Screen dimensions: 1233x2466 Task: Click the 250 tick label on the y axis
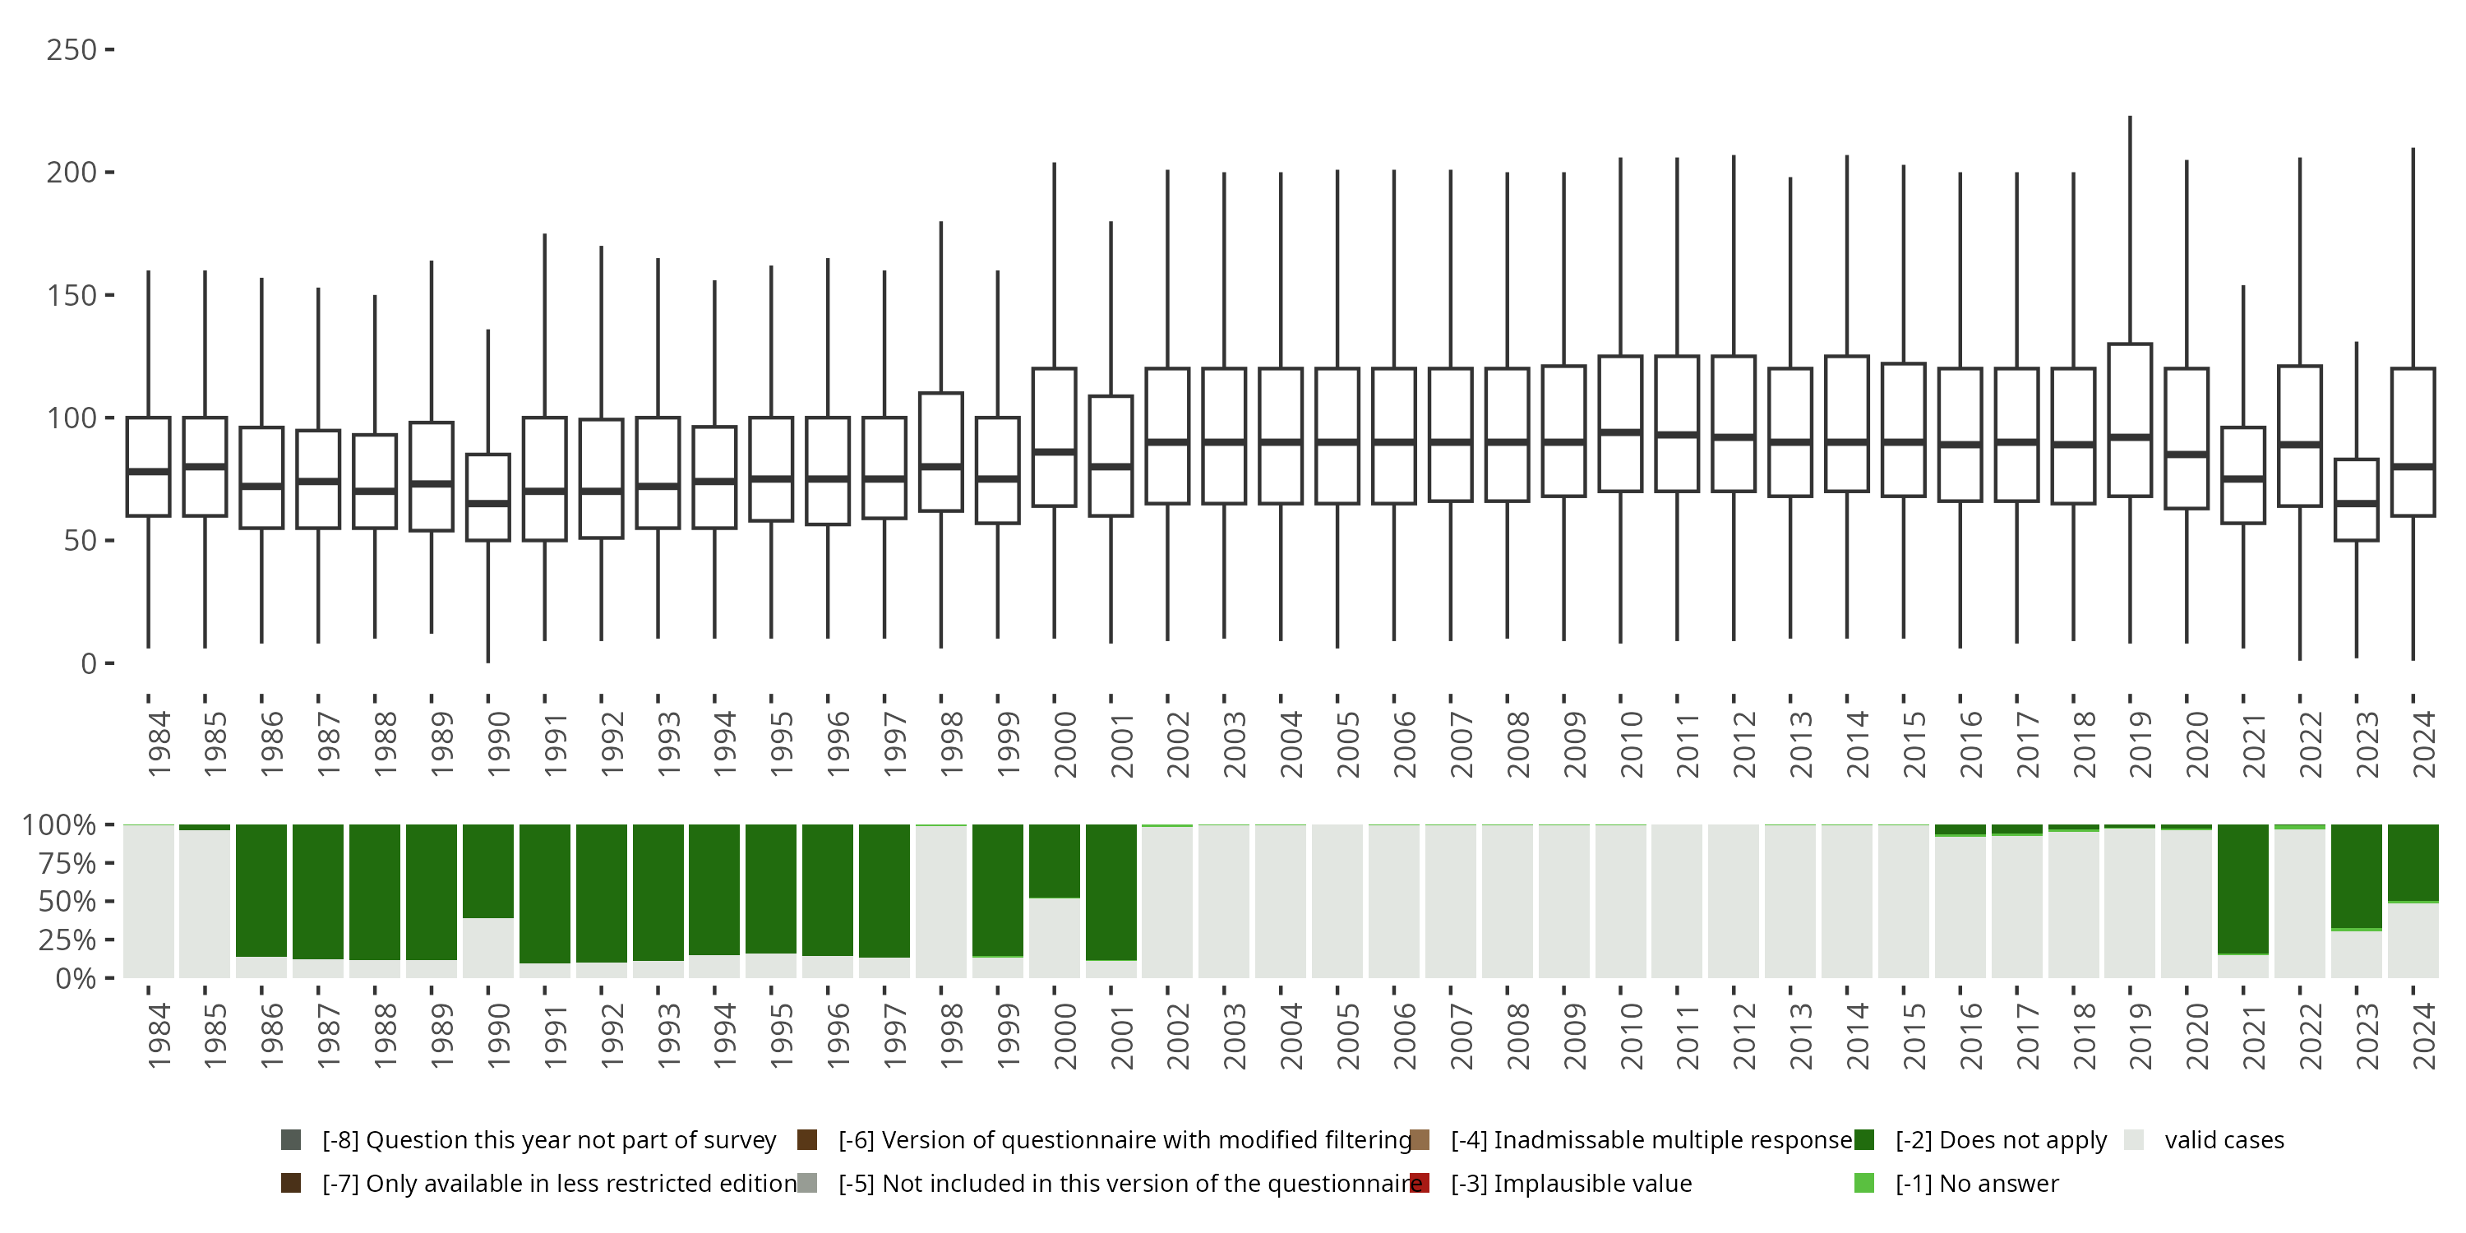[x=71, y=50]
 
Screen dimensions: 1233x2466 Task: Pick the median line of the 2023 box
[x=2356, y=502]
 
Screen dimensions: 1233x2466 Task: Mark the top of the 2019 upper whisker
[x=2129, y=118]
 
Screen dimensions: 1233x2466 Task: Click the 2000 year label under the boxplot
[x=1064, y=743]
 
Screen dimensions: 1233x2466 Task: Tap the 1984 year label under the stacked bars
[x=159, y=1035]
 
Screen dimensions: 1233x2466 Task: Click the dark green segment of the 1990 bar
[x=488, y=871]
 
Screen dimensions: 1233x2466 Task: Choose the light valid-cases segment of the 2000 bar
[x=1054, y=938]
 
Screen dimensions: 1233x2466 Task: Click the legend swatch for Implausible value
[x=1420, y=1183]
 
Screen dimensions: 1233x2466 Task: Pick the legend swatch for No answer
[x=1863, y=1183]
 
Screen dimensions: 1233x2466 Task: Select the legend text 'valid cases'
[x=2224, y=1140]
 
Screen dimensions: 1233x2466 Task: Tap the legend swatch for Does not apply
[x=1863, y=1140]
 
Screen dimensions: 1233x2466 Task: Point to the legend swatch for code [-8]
[x=291, y=1140]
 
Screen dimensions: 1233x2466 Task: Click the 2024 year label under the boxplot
[x=2423, y=743]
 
